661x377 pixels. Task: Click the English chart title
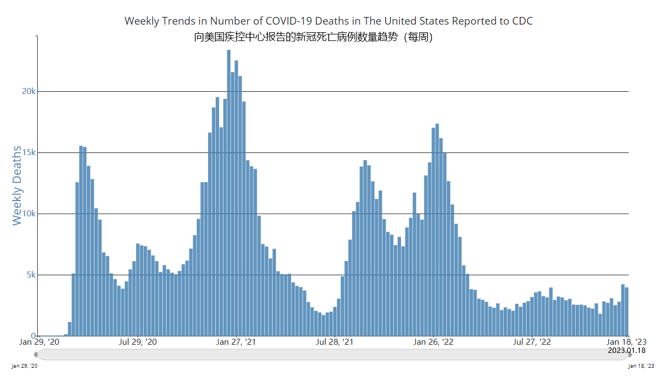click(x=328, y=21)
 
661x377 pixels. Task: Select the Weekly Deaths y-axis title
click(x=17, y=186)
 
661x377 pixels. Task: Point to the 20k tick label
click(x=28, y=91)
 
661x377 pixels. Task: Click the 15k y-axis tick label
click(x=28, y=152)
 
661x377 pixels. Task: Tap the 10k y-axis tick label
click(x=28, y=214)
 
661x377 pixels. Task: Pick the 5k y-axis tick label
click(x=30, y=275)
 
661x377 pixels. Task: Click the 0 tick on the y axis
click(x=33, y=336)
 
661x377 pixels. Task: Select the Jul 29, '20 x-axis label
click(x=138, y=342)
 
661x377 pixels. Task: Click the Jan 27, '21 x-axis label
click(x=236, y=342)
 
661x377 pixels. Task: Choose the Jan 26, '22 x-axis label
click(x=433, y=342)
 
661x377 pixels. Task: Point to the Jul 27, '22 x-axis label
click(x=532, y=342)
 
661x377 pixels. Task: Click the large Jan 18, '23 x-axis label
click(x=627, y=342)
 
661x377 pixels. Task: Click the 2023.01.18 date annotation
click(x=627, y=350)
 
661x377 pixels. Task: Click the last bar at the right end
click(x=627, y=311)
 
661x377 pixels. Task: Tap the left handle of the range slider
click(x=36, y=355)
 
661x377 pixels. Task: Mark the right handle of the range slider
click(x=629, y=355)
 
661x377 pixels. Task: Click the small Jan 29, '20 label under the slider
click(x=25, y=366)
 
